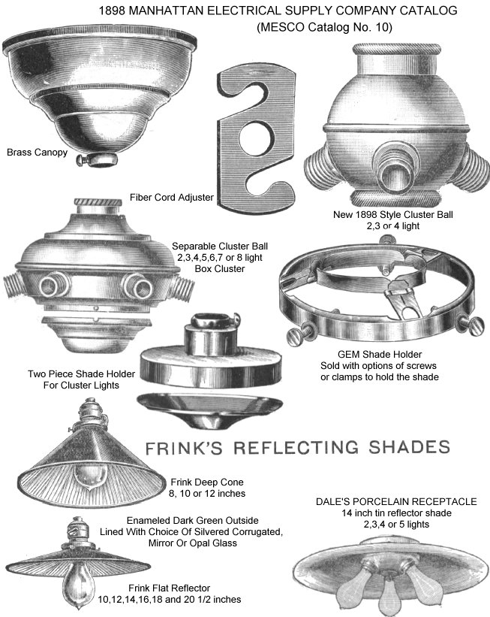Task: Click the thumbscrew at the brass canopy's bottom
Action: [97, 159]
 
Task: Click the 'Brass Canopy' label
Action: [38, 153]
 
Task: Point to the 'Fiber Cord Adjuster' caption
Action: [172, 197]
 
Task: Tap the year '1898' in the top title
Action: [112, 11]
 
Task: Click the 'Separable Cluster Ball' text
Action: [220, 246]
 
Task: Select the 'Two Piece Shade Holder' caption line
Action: [81, 374]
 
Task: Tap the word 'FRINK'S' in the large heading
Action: [184, 448]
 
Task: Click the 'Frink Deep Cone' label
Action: [207, 482]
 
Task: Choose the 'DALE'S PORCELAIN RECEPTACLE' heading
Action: [396, 501]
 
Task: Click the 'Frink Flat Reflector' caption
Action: [170, 588]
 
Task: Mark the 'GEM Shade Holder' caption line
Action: [380, 354]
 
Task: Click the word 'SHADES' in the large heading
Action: [409, 447]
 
